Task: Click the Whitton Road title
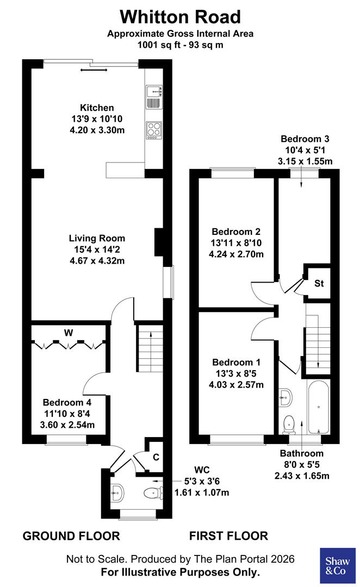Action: click(x=180, y=16)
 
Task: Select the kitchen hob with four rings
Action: click(x=153, y=129)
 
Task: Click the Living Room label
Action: click(x=97, y=238)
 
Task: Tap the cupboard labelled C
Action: click(x=156, y=457)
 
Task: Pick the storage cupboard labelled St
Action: click(x=319, y=283)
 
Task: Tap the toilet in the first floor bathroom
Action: click(x=289, y=421)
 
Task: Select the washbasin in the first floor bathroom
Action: click(x=285, y=397)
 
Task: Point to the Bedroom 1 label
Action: click(x=236, y=362)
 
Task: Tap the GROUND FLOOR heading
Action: click(x=71, y=536)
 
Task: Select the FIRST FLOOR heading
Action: click(x=228, y=536)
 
